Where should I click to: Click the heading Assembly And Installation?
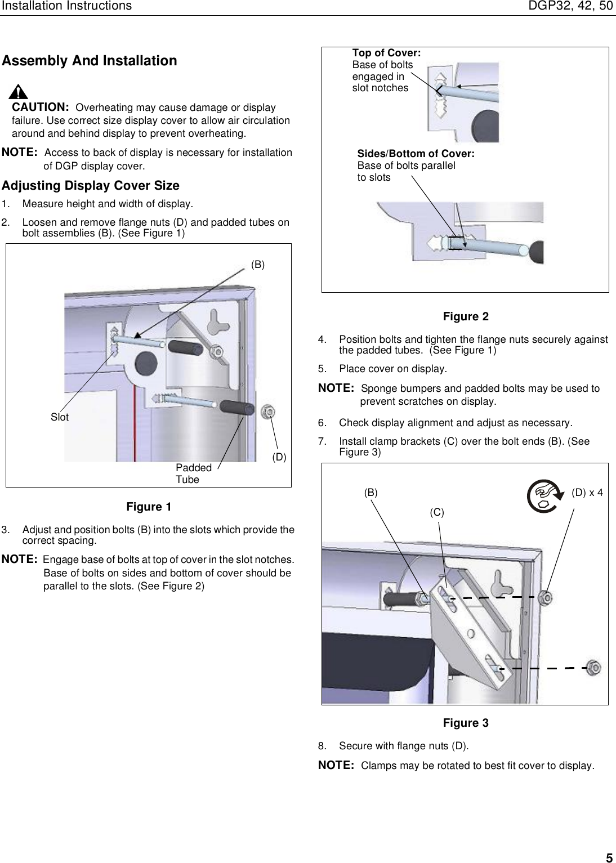pos(90,61)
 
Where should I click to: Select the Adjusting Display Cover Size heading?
pos(91,186)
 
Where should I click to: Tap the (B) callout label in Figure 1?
pos(257,264)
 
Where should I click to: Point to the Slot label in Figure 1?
pos(60,417)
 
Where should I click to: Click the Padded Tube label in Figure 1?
pos(193,473)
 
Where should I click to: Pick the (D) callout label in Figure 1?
pos(279,457)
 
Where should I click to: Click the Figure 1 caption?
pos(149,507)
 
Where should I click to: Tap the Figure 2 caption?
pos(466,317)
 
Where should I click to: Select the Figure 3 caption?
pos(466,723)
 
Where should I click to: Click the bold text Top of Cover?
pos(386,53)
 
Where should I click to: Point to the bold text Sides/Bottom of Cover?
pos(416,154)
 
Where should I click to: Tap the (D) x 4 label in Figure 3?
pos(587,493)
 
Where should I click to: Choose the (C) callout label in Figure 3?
pos(437,512)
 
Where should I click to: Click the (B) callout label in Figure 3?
pos(371,493)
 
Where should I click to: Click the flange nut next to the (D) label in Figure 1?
pos(269,412)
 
